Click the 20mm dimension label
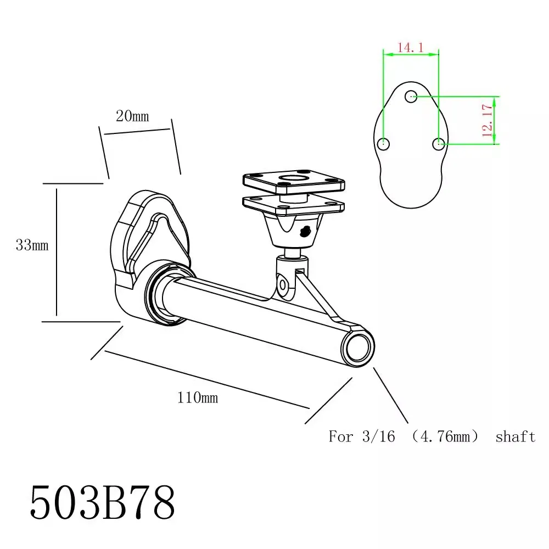(x=132, y=116)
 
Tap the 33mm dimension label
(x=32, y=245)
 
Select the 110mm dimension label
(x=198, y=397)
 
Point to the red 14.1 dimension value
(x=410, y=47)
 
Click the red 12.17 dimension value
(x=488, y=120)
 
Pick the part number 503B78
(x=102, y=502)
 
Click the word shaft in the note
(x=516, y=436)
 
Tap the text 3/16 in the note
(x=378, y=436)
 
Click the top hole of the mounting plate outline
(x=411, y=96)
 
